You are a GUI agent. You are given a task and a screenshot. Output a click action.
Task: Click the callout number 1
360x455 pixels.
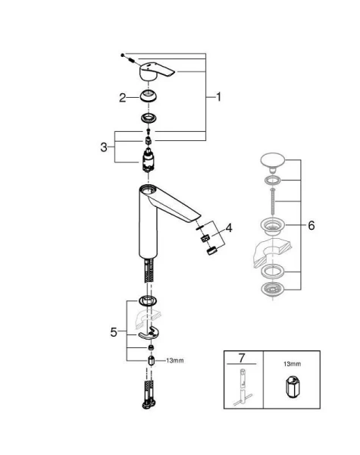pos(219,97)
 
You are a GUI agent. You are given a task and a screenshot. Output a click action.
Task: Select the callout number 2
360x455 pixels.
pos(121,97)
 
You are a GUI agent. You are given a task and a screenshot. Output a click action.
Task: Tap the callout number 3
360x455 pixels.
pos(104,147)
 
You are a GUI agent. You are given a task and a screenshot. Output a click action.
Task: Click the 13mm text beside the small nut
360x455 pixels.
pos(174,360)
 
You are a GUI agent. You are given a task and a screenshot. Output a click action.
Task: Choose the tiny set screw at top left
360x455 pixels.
pos(124,57)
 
